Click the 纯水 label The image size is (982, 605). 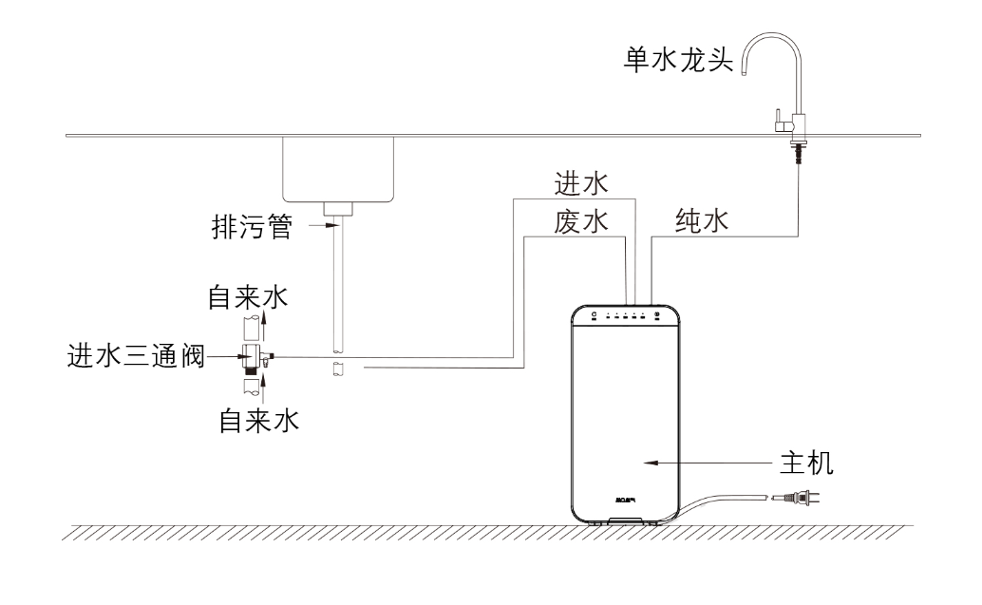click(x=701, y=222)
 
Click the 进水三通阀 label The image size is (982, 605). click(x=135, y=357)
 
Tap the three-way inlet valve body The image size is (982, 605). click(x=253, y=359)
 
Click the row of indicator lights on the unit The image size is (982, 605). click(x=624, y=314)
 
